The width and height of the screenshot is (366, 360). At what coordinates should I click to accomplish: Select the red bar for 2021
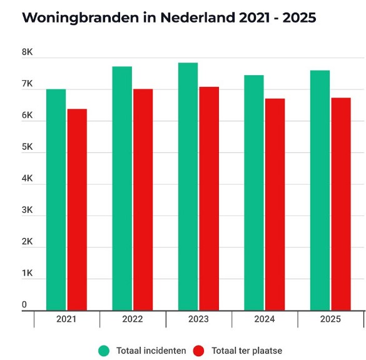click(x=77, y=209)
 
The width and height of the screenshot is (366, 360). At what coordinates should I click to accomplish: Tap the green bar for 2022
click(x=121, y=188)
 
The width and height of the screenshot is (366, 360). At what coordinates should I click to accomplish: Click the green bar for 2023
click(x=188, y=186)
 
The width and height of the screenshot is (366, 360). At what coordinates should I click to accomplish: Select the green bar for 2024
click(x=253, y=192)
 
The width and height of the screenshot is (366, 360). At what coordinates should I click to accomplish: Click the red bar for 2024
click(x=275, y=204)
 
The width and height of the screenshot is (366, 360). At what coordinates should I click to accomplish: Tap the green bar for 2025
click(x=320, y=190)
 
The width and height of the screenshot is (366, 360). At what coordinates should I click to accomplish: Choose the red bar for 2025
click(x=341, y=203)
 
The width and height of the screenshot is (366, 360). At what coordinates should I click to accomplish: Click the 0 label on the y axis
click(x=24, y=305)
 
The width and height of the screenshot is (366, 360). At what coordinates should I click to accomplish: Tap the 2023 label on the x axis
click(x=198, y=319)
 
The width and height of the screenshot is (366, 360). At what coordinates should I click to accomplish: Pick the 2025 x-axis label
click(x=330, y=319)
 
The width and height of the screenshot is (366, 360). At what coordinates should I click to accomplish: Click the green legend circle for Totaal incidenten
click(x=104, y=351)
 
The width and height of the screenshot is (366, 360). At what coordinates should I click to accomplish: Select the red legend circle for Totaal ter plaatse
click(x=200, y=351)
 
